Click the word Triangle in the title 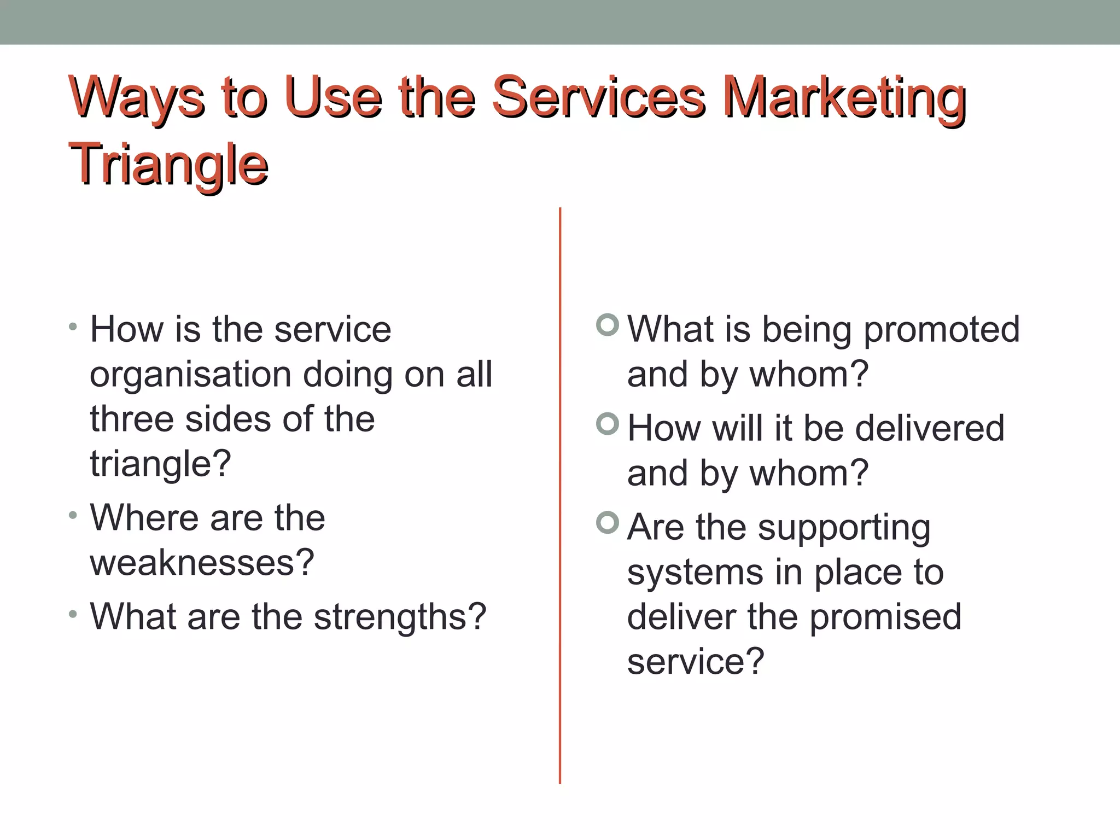168,164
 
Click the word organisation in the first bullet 190,376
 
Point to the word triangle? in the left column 160,464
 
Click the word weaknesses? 202,563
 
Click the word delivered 929,428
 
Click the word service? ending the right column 695,662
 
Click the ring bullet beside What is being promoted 607,325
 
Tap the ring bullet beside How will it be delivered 607,424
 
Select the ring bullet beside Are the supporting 607,522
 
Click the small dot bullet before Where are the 73,515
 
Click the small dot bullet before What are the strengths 73,614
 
